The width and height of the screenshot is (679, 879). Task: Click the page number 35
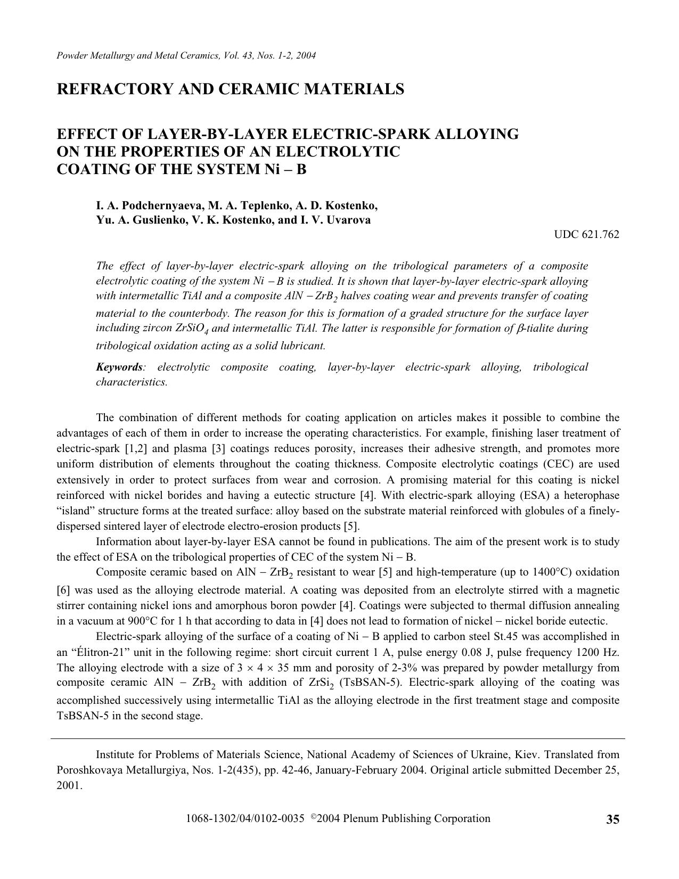(x=612, y=820)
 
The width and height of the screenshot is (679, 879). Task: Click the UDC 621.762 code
(x=586, y=234)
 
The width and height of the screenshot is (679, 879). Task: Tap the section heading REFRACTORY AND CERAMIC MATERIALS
(x=230, y=89)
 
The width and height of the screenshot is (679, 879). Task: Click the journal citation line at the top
(x=186, y=55)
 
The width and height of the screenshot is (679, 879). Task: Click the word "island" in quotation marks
(x=75, y=511)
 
